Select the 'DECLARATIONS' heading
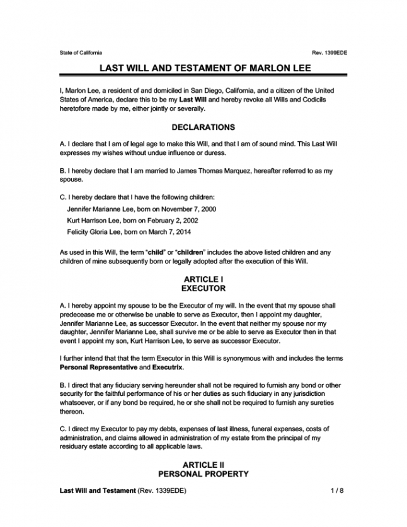(x=203, y=127)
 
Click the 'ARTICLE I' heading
(x=203, y=278)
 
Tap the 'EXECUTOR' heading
(x=203, y=288)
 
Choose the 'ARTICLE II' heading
(x=203, y=464)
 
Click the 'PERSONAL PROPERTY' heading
(x=203, y=474)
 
